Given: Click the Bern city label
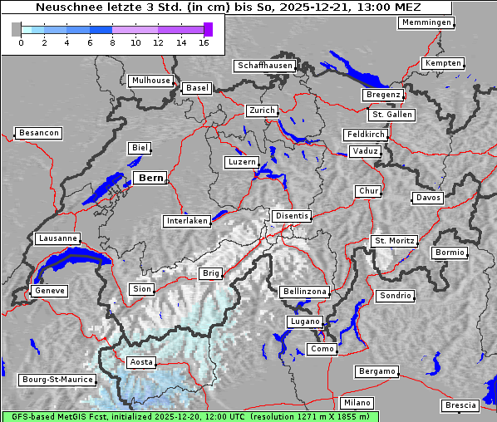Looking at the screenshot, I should (150, 178).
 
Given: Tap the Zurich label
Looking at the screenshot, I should (261, 110).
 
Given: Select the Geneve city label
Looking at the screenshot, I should (48, 291).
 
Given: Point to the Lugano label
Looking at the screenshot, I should (304, 321).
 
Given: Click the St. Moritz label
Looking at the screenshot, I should (394, 241).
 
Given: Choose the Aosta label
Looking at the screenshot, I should (140, 362).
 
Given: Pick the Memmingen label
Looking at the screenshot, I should (426, 22).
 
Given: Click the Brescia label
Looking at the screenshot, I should (460, 405).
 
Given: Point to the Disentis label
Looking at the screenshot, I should (291, 216).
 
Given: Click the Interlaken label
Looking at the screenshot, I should (187, 221).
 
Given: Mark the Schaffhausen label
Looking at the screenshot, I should (265, 65).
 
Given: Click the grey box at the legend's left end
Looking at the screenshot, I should (16, 29).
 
